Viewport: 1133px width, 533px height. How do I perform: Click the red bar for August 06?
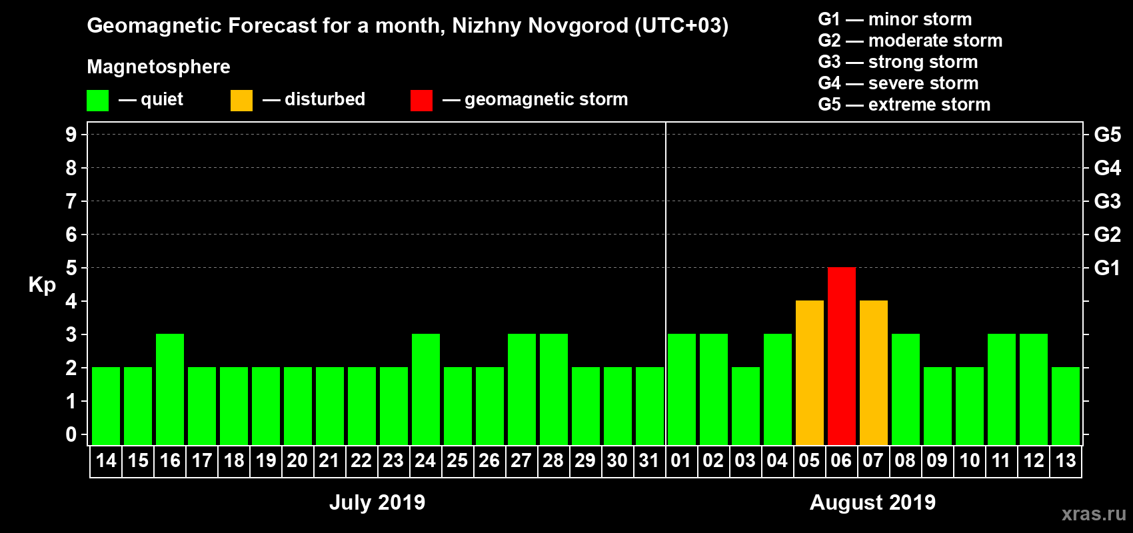[x=841, y=356]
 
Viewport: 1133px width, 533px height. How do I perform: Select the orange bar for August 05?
[x=809, y=372]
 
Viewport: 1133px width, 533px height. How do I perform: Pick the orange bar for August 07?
[x=873, y=372]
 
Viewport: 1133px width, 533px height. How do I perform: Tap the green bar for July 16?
[x=170, y=389]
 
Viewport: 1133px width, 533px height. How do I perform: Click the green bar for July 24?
[x=426, y=389]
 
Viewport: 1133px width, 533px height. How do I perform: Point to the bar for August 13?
[x=1065, y=406]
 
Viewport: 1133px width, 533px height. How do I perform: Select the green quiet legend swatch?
[x=97, y=101]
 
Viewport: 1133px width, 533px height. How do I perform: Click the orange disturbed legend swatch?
[x=241, y=101]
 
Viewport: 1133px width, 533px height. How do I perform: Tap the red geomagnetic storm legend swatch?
[x=421, y=101]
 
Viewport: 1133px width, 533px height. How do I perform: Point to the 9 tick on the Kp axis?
[x=71, y=135]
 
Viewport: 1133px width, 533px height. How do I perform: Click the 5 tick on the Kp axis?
[x=71, y=268]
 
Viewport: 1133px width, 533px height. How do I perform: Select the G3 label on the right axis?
[x=1107, y=201]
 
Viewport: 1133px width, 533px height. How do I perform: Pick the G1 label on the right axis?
[x=1107, y=268]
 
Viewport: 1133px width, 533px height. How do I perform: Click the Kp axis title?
[x=42, y=285]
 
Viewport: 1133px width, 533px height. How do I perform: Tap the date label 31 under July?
[x=649, y=460]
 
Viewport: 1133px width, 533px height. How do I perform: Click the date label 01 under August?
[x=681, y=460]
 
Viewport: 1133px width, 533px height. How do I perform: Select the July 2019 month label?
[x=377, y=502]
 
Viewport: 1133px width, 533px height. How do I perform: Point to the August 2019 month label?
[x=872, y=502]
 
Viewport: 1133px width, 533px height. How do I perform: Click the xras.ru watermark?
[x=1094, y=514]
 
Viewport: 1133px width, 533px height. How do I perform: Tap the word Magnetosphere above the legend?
[x=159, y=67]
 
